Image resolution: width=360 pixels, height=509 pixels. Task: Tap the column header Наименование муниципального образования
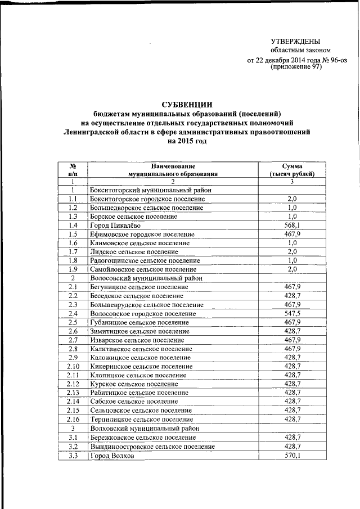pyautogui.click(x=173, y=170)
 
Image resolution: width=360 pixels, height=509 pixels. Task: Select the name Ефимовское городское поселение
pyautogui.click(x=142, y=234)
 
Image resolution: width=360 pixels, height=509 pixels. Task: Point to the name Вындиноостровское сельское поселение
pyautogui.click(x=152, y=446)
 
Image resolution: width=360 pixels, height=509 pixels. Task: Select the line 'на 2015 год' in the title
pyautogui.click(x=187, y=141)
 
